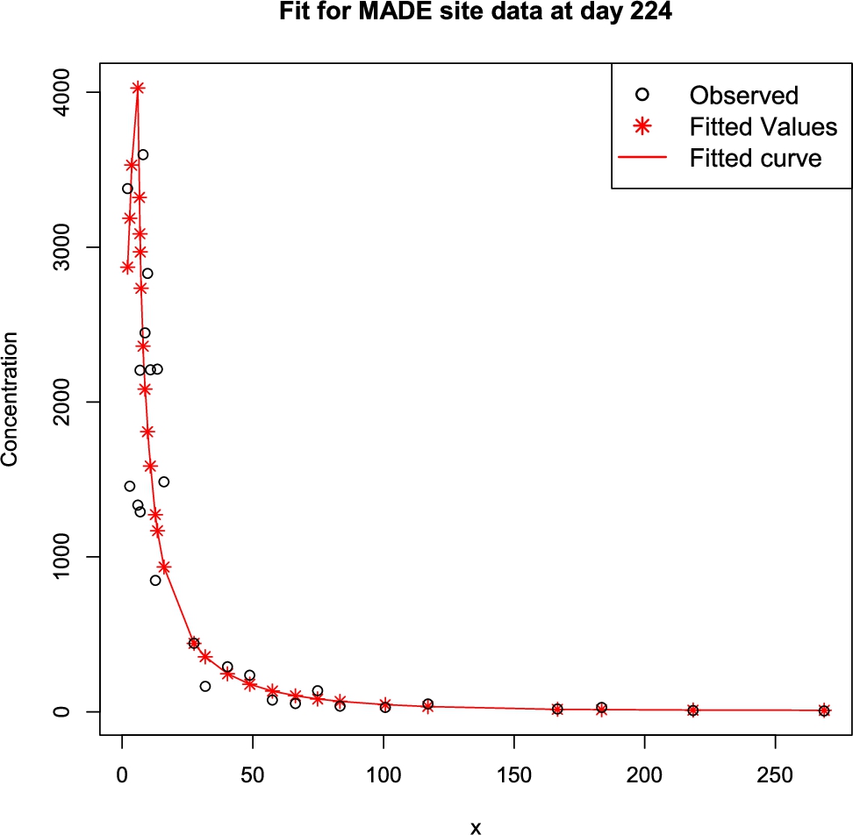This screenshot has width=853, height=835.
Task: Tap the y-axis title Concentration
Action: [11, 402]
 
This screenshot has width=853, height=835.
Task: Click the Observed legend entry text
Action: [743, 95]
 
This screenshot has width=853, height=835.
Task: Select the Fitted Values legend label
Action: [763, 126]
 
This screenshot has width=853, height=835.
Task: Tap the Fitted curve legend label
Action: [755, 158]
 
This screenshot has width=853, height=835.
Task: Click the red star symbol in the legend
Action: [642, 126]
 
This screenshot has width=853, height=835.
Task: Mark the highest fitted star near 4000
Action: [138, 88]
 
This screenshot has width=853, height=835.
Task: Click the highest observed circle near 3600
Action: [143, 154]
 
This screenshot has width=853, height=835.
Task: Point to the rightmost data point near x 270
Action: [824, 710]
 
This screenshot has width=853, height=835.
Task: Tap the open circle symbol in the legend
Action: [642, 95]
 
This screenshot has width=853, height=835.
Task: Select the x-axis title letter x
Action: [475, 825]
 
